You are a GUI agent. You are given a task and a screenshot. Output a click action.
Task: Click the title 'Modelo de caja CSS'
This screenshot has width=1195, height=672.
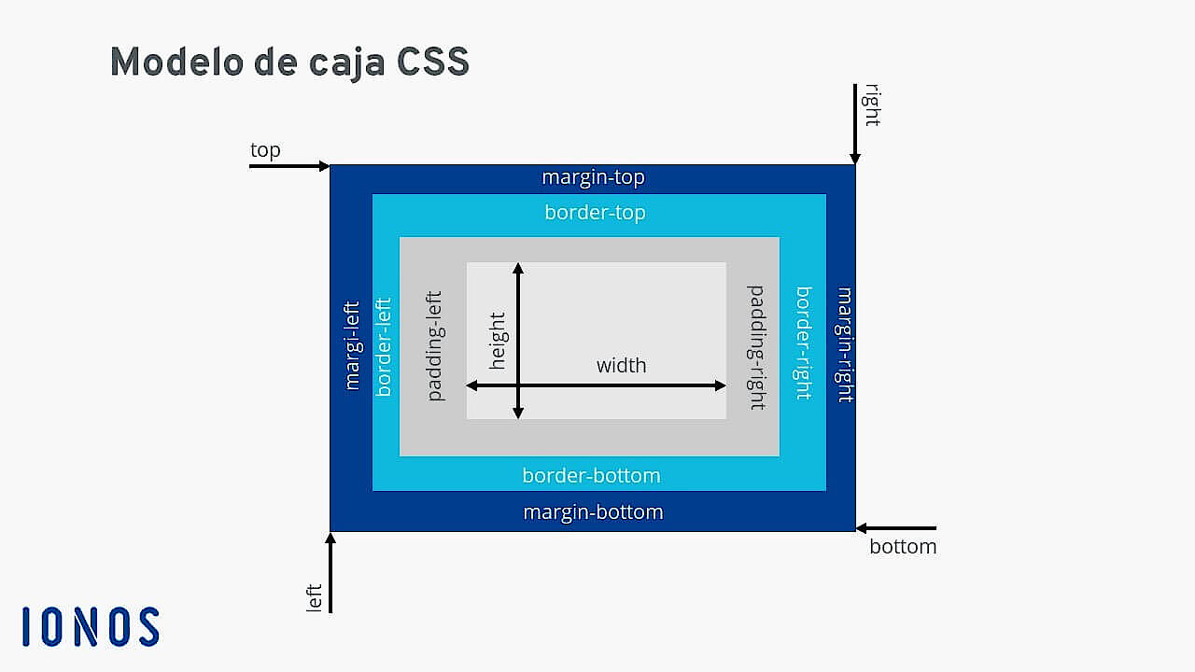point(289,63)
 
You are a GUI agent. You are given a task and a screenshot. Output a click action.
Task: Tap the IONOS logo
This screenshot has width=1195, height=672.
point(91,626)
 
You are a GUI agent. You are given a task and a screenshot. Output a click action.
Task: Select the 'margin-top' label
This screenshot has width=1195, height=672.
point(593,177)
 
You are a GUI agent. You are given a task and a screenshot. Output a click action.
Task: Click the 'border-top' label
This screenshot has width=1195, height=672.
point(595,213)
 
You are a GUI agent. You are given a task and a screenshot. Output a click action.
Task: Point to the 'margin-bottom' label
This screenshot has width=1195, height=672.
point(593,512)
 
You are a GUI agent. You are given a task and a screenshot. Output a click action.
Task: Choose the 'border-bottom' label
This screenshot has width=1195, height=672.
point(591,476)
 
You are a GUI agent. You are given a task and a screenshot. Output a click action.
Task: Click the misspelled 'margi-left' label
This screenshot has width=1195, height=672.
point(352,344)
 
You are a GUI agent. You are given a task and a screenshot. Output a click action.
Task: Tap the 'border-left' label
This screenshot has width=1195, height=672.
point(383,346)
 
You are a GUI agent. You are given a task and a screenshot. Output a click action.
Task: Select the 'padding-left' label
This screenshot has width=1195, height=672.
point(434,346)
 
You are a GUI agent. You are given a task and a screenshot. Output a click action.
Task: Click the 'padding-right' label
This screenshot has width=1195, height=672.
point(756,347)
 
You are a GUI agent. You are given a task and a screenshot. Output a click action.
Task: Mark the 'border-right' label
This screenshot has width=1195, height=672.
point(803,343)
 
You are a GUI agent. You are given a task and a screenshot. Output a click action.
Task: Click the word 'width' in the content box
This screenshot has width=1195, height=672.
point(621,366)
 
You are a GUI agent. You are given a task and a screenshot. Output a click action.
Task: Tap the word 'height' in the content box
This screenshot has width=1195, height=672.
point(498,341)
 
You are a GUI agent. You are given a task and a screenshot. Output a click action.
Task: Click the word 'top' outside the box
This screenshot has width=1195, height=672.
point(265,150)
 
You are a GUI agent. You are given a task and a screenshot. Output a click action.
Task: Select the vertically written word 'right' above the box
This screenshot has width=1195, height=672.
point(872,105)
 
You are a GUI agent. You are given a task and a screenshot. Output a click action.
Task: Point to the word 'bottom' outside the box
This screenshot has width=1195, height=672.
point(903,547)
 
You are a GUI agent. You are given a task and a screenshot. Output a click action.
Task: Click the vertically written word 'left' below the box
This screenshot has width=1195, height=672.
point(315,597)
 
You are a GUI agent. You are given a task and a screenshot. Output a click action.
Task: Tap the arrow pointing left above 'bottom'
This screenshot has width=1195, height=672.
point(895,528)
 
